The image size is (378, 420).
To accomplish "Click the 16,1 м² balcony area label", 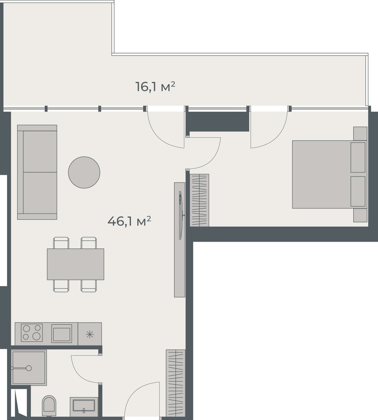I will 155,86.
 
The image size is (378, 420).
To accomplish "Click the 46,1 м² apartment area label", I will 129,221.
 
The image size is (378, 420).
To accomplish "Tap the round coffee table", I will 84,172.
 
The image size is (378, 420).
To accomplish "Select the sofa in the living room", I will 37,172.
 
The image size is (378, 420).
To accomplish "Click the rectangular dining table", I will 76,264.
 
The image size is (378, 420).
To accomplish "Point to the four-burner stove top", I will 32,333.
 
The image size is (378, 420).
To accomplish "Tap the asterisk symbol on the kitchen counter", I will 90,334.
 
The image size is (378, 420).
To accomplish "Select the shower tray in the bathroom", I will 29,367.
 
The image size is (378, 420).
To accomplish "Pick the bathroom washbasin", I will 84,406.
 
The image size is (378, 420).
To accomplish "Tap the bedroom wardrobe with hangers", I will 200,200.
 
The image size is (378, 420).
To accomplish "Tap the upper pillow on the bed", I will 358,157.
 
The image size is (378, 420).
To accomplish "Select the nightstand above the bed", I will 360,133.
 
